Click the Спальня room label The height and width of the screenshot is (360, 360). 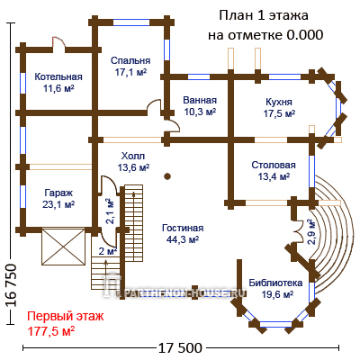pyautogui.click(x=130, y=60)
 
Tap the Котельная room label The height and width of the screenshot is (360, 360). pyautogui.click(x=58, y=76)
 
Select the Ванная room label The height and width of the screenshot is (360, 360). pyautogui.click(x=200, y=100)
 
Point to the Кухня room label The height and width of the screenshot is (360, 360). pyautogui.click(x=279, y=102)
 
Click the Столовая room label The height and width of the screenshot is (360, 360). pyautogui.click(x=274, y=165)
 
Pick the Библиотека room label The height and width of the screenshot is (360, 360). pyautogui.click(x=275, y=283)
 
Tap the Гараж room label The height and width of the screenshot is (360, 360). pyautogui.click(x=58, y=193)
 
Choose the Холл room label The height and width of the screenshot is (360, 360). pyautogui.click(x=133, y=156)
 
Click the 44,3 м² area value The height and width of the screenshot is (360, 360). pyautogui.click(x=183, y=239)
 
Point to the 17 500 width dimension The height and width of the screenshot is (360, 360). pyautogui.click(x=180, y=348)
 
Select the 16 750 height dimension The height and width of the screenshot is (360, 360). pyautogui.click(x=11, y=285)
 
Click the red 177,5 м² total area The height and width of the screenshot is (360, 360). pyautogui.click(x=51, y=331)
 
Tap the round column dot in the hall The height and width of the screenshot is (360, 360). pyautogui.click(x=167, y=176)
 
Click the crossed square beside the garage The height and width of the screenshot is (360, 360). pyautogui.click(x=63, y=247)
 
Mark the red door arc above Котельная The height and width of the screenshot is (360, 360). pyautogui.click(x=58, y=41)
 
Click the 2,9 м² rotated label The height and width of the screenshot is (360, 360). pyautogui.click(x=311, y=232)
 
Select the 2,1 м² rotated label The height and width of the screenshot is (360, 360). pyautogui.click(x=110, y=211)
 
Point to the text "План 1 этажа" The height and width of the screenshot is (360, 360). pyautogui.click(x=264, y=15)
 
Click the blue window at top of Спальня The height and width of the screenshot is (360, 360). pyautogui.click(x=131, y=22)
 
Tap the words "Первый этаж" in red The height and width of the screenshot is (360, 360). pyautogui.click(x=66, y=316)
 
